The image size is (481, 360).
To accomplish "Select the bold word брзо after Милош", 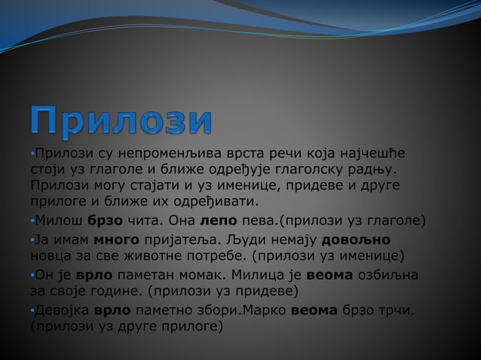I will (104, 221).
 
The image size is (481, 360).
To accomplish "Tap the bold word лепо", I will (219, 221).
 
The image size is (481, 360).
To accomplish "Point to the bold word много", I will (116, 239).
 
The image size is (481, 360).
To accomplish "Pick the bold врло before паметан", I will (96, 274).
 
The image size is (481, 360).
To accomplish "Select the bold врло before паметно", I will (113, 309).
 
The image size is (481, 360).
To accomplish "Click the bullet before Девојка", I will (32, 310).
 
